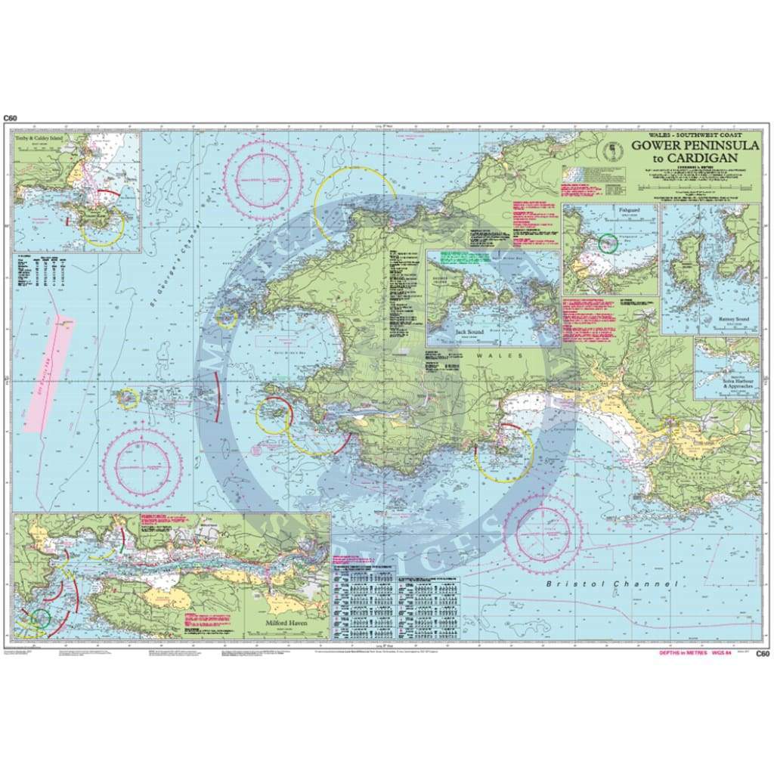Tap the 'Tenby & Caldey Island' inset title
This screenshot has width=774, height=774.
pyautogui.click(x=42, y=141)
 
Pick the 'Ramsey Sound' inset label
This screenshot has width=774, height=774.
pyautogui.click(x=726, y=320)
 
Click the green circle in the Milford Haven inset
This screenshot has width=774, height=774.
pyautogui.click(x=41, y=619)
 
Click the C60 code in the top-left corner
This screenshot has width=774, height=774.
pyautogui.click(x=11, y=118)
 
